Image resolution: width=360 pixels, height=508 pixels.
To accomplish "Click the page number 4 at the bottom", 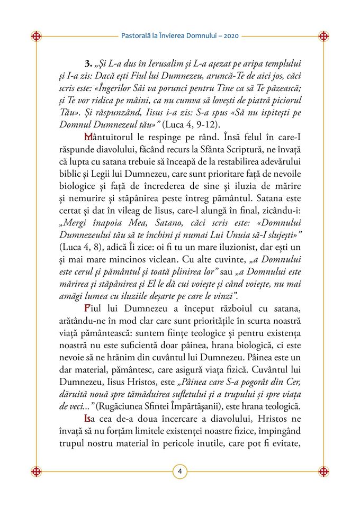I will (180, 471).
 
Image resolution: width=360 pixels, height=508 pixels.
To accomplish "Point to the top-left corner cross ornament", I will (37, 37).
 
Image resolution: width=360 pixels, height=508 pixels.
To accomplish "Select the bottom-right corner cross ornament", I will (323, 471).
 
